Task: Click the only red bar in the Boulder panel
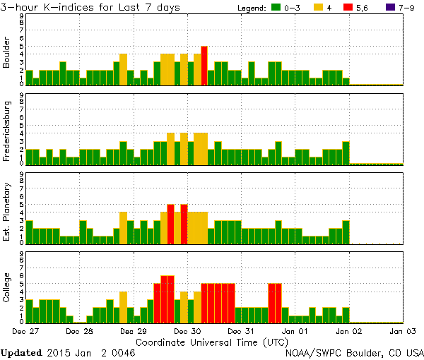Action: point(204,66)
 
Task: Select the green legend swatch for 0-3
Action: point(277,8)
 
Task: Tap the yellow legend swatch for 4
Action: point(319,8)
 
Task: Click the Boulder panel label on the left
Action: point(8,53)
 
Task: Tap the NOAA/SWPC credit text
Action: point(354,352)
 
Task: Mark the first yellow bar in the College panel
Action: point(123,306)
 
